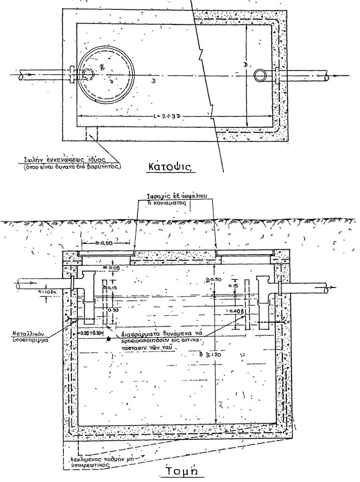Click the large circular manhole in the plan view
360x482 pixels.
point(106,76)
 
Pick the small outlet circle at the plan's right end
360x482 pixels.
point(260,76)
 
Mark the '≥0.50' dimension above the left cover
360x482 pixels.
point(106,243)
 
